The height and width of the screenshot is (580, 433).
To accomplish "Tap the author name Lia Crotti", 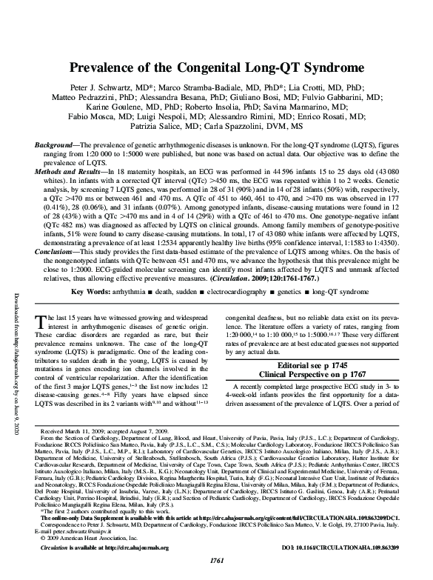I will pos(296,87).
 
